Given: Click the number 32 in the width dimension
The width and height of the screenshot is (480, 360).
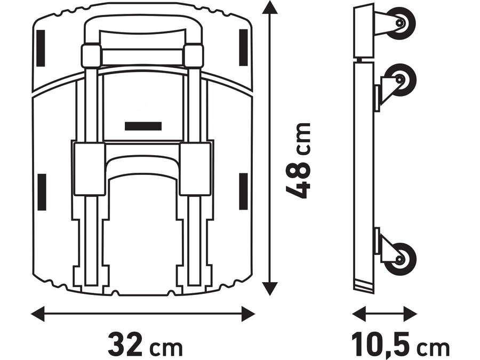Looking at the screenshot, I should coord(125,345).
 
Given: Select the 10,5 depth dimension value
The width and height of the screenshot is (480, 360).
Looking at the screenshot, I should coord(381,345).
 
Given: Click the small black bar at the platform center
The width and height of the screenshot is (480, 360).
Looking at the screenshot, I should coord(143,126).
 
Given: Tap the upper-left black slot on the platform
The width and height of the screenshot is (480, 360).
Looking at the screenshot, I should coord(42,47).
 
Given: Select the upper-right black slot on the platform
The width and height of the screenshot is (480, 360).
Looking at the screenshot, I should coord(243,47).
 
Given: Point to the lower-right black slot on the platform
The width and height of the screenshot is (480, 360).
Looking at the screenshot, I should coord(243,190).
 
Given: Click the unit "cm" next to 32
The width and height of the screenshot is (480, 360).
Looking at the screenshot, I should coord(166,348).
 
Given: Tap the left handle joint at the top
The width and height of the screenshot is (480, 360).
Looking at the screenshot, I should coord(91,55).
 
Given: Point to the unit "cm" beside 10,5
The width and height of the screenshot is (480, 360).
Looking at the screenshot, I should coord(433,348).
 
